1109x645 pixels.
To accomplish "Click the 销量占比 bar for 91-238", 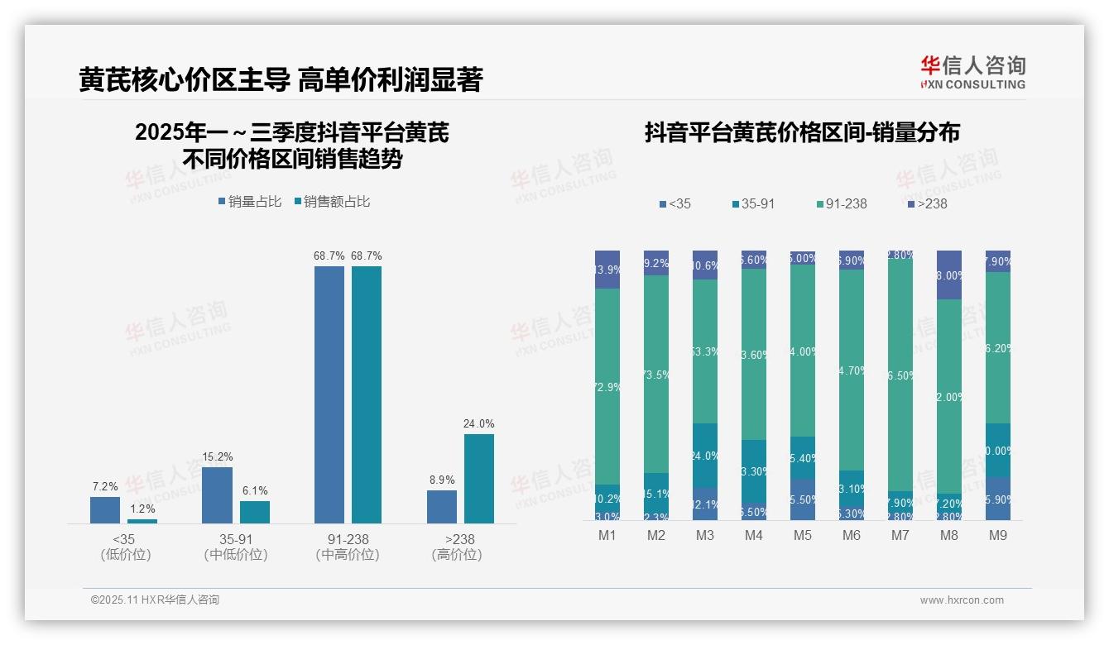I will [329, 394].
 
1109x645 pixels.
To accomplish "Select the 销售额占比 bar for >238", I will [478, 479].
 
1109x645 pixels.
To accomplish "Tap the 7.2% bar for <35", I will [105, 509].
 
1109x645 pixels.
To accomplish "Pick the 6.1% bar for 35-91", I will [255, 512].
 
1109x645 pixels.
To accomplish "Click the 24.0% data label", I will [478, 424].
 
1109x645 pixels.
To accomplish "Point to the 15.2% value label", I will [217, 457].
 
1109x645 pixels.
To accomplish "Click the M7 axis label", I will [900, 536].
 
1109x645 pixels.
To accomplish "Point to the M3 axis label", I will [705, 536].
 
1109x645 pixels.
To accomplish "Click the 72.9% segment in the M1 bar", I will [607, 386].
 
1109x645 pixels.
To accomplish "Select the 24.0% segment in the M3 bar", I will [705, 456].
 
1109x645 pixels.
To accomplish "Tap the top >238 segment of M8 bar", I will [949, 275].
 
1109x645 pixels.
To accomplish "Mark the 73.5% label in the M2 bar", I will [656, 374].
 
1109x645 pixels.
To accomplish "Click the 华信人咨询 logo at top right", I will [972, 72].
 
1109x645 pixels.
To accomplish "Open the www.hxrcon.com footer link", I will [962, 600].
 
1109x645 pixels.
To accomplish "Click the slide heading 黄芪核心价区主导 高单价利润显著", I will [281, 80].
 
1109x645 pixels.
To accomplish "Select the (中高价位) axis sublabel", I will [348, 555].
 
